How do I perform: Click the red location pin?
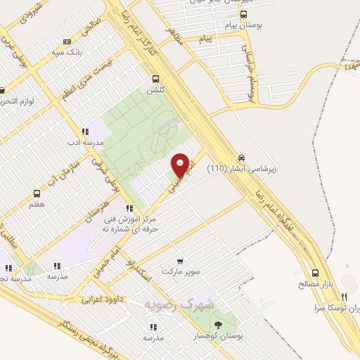tap(181, 166)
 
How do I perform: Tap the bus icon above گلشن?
tap(155, 79)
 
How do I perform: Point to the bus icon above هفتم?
tap(37, 193)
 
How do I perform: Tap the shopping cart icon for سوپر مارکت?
tap(180, 261)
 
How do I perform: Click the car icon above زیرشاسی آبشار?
tap(242, 157)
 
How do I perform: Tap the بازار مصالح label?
tap(314, 285)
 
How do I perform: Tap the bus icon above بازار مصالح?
tap(314, 273)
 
